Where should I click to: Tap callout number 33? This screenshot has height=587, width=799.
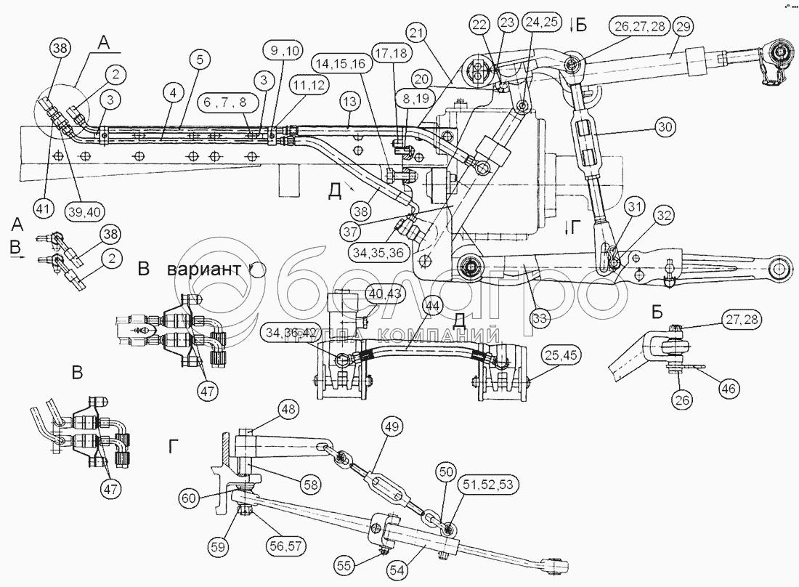(540, 317)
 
